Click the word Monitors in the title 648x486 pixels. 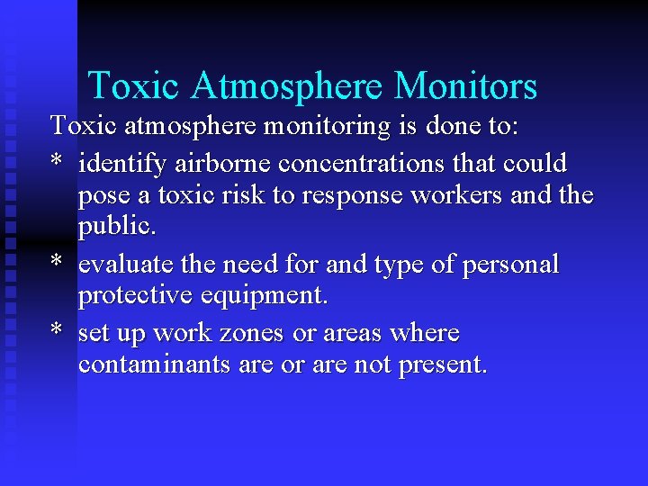[x=465, y=86]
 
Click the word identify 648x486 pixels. [x=121, y=165]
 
